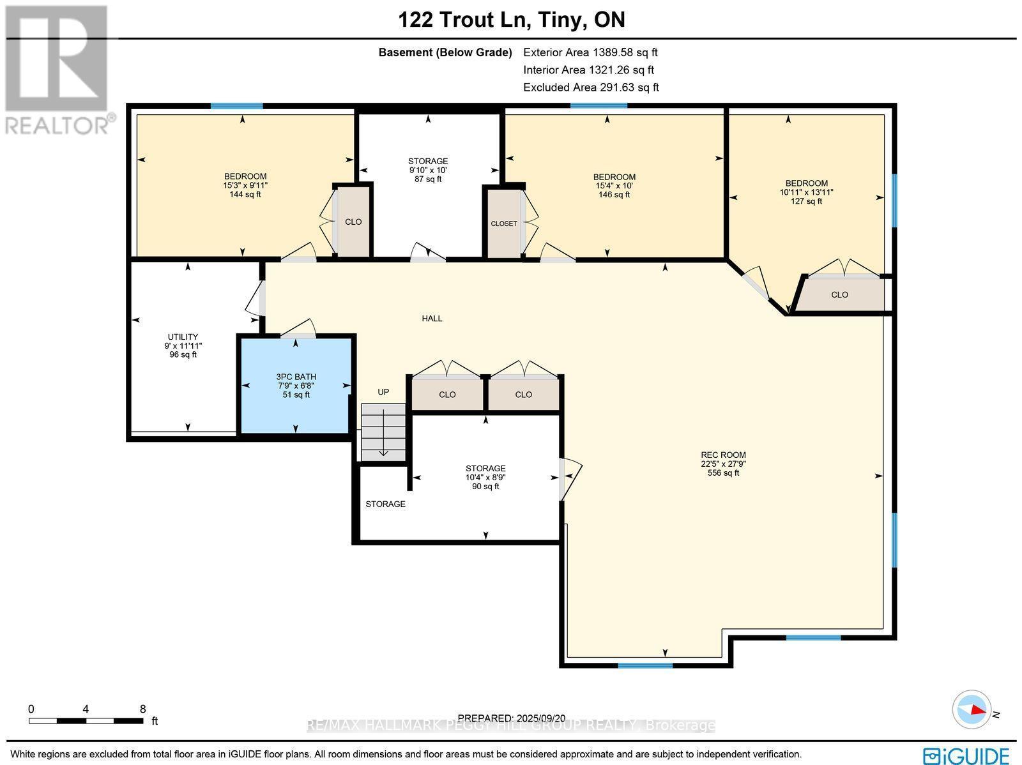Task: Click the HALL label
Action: pyautogui.click(x=432, y=318)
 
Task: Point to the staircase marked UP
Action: pyautogui.click(x=383, y=431)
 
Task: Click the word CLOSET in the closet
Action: pyautogui.click(x=504, y=223)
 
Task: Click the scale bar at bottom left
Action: pyautogui.click(x=86, y=720)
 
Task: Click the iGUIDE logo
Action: pyautogui.click(x=969, y=755)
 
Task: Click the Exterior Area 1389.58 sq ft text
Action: pyautogui.click(x=590, y=52)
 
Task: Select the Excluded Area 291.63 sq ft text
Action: pyautogui.click(x=590, y=87)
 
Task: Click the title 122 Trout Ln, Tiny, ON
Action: pyautogui.click(x=512, y=20)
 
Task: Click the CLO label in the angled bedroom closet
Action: pyautogui.click(x=839, y=294)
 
